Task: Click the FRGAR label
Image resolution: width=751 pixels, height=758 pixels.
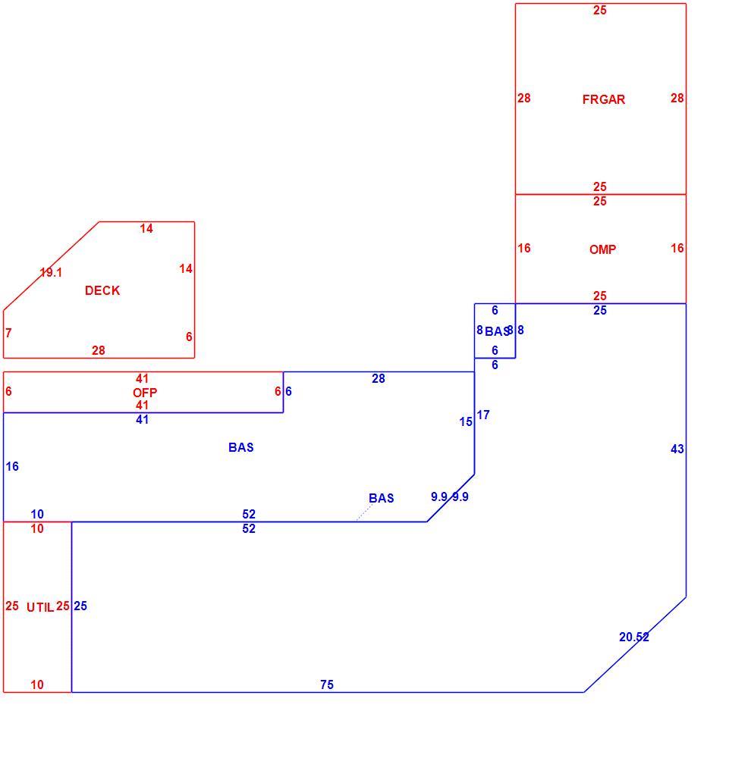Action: coord(603,99)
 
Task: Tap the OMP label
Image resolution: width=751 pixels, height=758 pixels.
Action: coord(602,249)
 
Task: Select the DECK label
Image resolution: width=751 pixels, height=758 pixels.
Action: coord(102,290)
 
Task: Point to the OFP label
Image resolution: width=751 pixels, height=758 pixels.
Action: coord(145,393)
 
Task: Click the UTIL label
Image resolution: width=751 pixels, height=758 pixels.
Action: coord(40,607)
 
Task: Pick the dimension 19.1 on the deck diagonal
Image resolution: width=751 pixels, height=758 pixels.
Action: coord(51,273)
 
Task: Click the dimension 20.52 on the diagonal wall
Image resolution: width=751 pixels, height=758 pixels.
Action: coord(634,637)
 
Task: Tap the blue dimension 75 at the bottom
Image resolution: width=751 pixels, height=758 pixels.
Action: coord(327,684)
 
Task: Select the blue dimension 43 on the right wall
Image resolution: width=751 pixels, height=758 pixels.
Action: coord(677,449)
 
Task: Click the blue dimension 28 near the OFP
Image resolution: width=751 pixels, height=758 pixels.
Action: coord(379,378)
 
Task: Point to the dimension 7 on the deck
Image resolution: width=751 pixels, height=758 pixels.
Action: coord(8,333)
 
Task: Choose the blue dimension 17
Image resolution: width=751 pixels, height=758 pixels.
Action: coord(483,415)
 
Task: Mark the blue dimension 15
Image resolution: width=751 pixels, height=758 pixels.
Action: coord(466,422)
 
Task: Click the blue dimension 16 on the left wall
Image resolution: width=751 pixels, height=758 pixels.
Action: coord(12,466)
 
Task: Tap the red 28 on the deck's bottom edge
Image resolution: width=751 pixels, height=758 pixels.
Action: coord(98,350)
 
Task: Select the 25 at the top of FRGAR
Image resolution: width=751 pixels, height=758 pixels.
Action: coord(599,10)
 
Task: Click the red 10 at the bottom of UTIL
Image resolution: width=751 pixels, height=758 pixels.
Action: coord(36,684)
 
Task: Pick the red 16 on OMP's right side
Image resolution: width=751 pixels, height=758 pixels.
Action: coord(677,248)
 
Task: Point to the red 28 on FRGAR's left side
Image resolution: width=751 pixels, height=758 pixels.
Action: coord(523,98)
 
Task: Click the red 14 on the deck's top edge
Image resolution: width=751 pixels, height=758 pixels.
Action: coord(146,228)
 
